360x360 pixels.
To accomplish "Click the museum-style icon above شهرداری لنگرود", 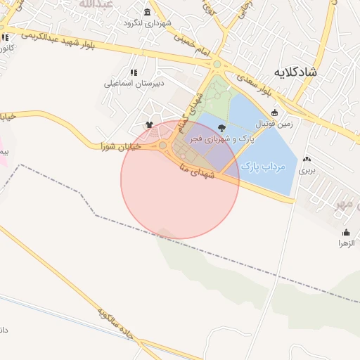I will [147, 12].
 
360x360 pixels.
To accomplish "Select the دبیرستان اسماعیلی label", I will [134, 83].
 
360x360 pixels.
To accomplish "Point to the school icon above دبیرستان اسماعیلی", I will [134, 72].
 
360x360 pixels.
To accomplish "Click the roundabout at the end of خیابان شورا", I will [163, 146].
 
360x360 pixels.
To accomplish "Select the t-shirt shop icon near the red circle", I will [149, 125].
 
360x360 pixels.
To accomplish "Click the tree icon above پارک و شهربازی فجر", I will [222, 128].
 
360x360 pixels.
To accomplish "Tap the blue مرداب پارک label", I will [261, 167].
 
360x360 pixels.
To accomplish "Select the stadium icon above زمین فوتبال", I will [274, 112].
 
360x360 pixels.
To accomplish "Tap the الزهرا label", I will [346, 243].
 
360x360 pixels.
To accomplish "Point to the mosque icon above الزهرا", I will [346, 232].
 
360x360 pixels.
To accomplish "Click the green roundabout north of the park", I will [217, 65].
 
